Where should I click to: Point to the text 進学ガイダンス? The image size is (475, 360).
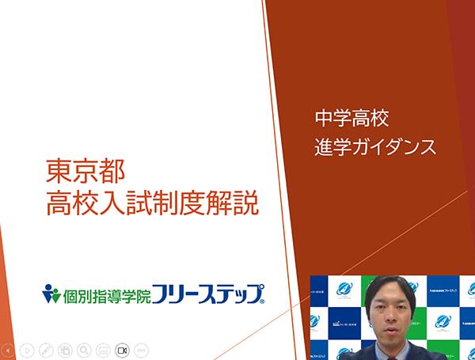click(x=375, y=147)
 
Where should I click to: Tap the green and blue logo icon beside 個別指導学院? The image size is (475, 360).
click(x=51, y=294)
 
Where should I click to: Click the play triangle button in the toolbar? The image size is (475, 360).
click(x=27, y=349)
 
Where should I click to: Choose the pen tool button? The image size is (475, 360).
click(x=46, y=349)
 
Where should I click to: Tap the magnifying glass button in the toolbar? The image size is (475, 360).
click(x=84, y=349)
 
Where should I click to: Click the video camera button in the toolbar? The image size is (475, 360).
click(x=122, y=349)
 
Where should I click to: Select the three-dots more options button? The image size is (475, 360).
click(x=141, y=349)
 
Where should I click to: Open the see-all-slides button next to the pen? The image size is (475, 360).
click(x=65, y=349)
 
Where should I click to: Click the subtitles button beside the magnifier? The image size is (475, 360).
click(x=103, y=349)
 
